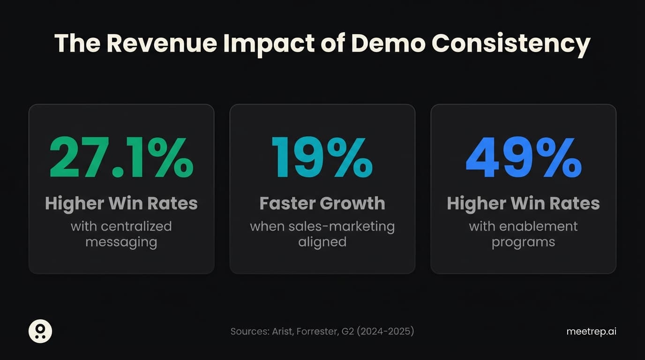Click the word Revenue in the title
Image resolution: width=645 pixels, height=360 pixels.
(162, 43)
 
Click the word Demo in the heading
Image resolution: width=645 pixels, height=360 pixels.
(388, 43)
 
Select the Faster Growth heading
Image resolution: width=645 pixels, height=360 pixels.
(322, 203)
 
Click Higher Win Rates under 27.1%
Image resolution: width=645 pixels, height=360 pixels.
(121, 203)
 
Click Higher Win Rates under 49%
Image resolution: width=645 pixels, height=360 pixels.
(523, 203)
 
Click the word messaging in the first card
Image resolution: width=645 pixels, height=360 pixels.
(121, 242)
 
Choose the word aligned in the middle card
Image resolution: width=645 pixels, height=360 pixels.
(322, 242)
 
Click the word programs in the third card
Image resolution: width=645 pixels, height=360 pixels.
(523, 242)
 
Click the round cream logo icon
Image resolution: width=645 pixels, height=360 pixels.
(40, 331)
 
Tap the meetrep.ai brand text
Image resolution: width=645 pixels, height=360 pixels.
(591, 331)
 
